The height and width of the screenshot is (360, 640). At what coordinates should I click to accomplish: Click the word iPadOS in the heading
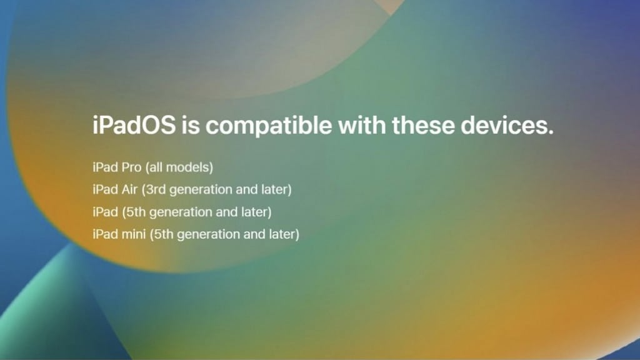134,125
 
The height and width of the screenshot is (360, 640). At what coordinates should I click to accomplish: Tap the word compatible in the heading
269,126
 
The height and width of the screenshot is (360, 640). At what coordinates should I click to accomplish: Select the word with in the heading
362,124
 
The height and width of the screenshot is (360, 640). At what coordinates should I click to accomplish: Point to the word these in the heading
423,125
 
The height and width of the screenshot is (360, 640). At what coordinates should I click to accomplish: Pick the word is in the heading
191,125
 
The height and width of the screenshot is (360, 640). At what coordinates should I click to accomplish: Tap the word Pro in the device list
132,167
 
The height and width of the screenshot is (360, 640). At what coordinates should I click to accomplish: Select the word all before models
156,167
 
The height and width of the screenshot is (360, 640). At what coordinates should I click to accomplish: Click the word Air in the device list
129,189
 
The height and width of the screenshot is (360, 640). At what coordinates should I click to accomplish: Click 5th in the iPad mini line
163,234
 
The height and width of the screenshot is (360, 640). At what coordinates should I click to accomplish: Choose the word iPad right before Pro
105,167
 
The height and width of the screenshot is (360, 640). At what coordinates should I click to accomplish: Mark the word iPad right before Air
105,189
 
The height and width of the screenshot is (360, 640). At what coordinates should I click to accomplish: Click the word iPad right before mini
105,234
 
